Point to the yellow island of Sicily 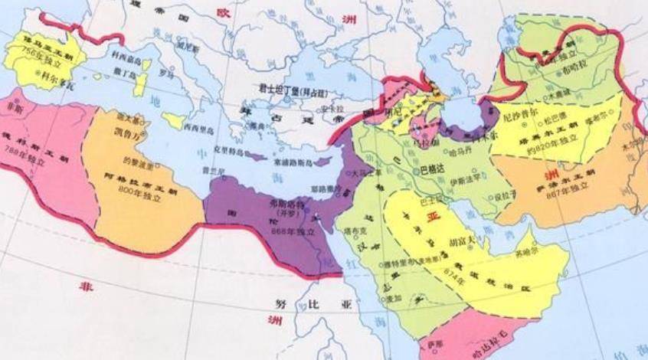pyautogui.click(x=173, y=121)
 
